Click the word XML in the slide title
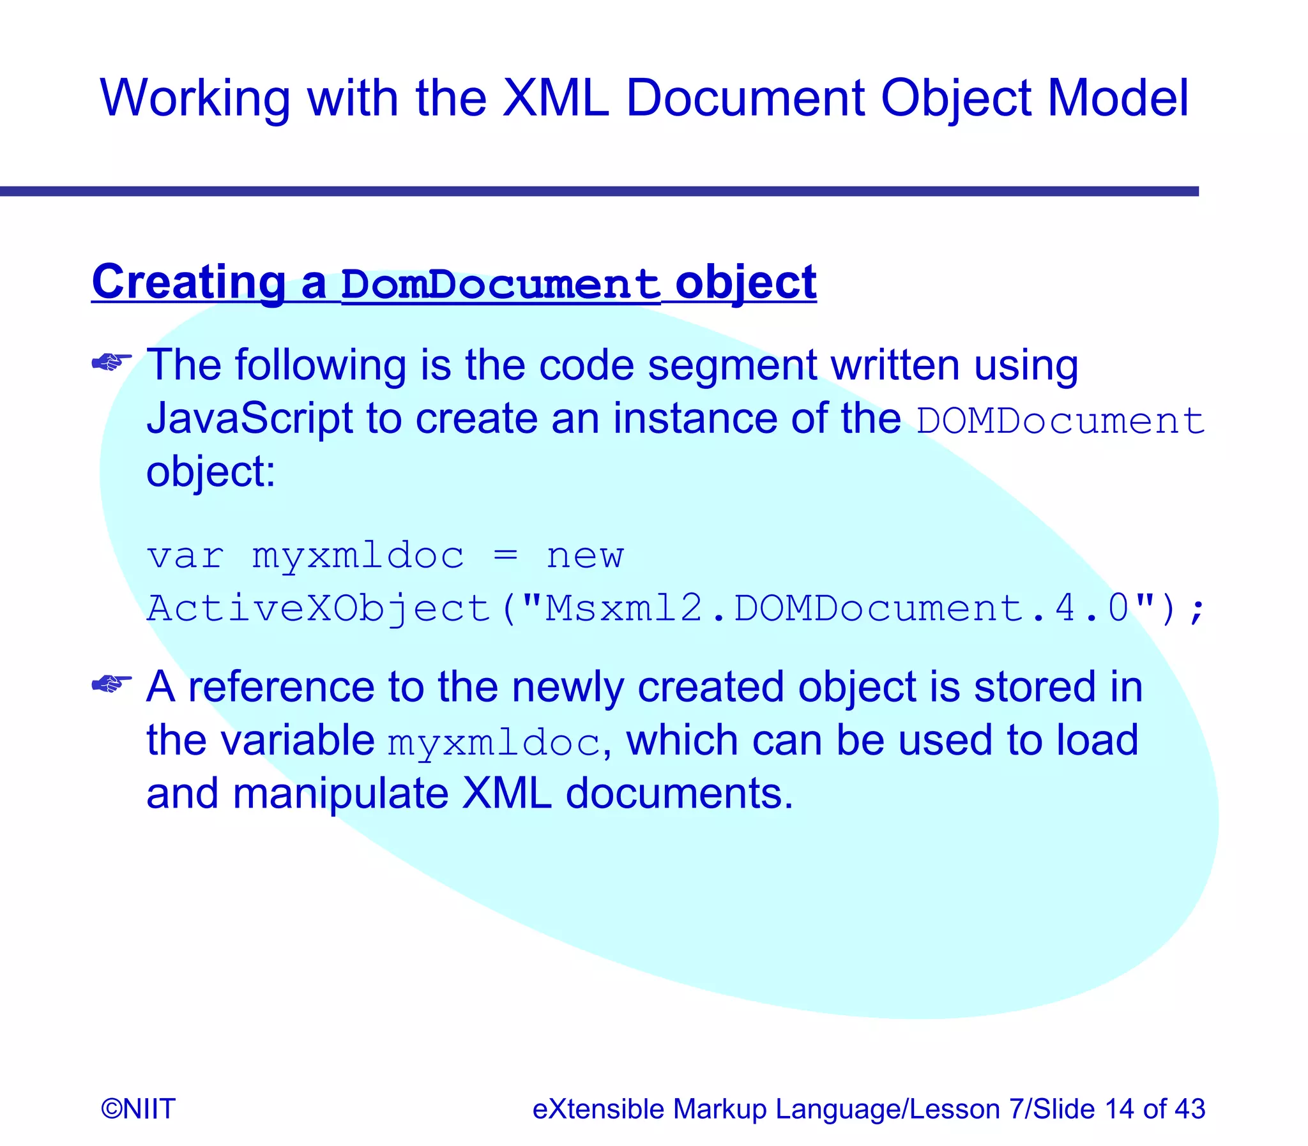coord(555,98)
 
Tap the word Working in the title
coord(194,100)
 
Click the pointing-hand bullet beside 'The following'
coord(111,363)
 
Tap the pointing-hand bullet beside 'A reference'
coord(111,684)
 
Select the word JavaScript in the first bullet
coord(250,419)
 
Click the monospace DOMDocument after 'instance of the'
coord(1060,421)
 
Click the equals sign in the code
coord(505,555)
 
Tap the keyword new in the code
coord(584,556)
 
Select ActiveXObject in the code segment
coord(318,609)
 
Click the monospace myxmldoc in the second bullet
coord(493,743)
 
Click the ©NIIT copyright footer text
coord(138,1108)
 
